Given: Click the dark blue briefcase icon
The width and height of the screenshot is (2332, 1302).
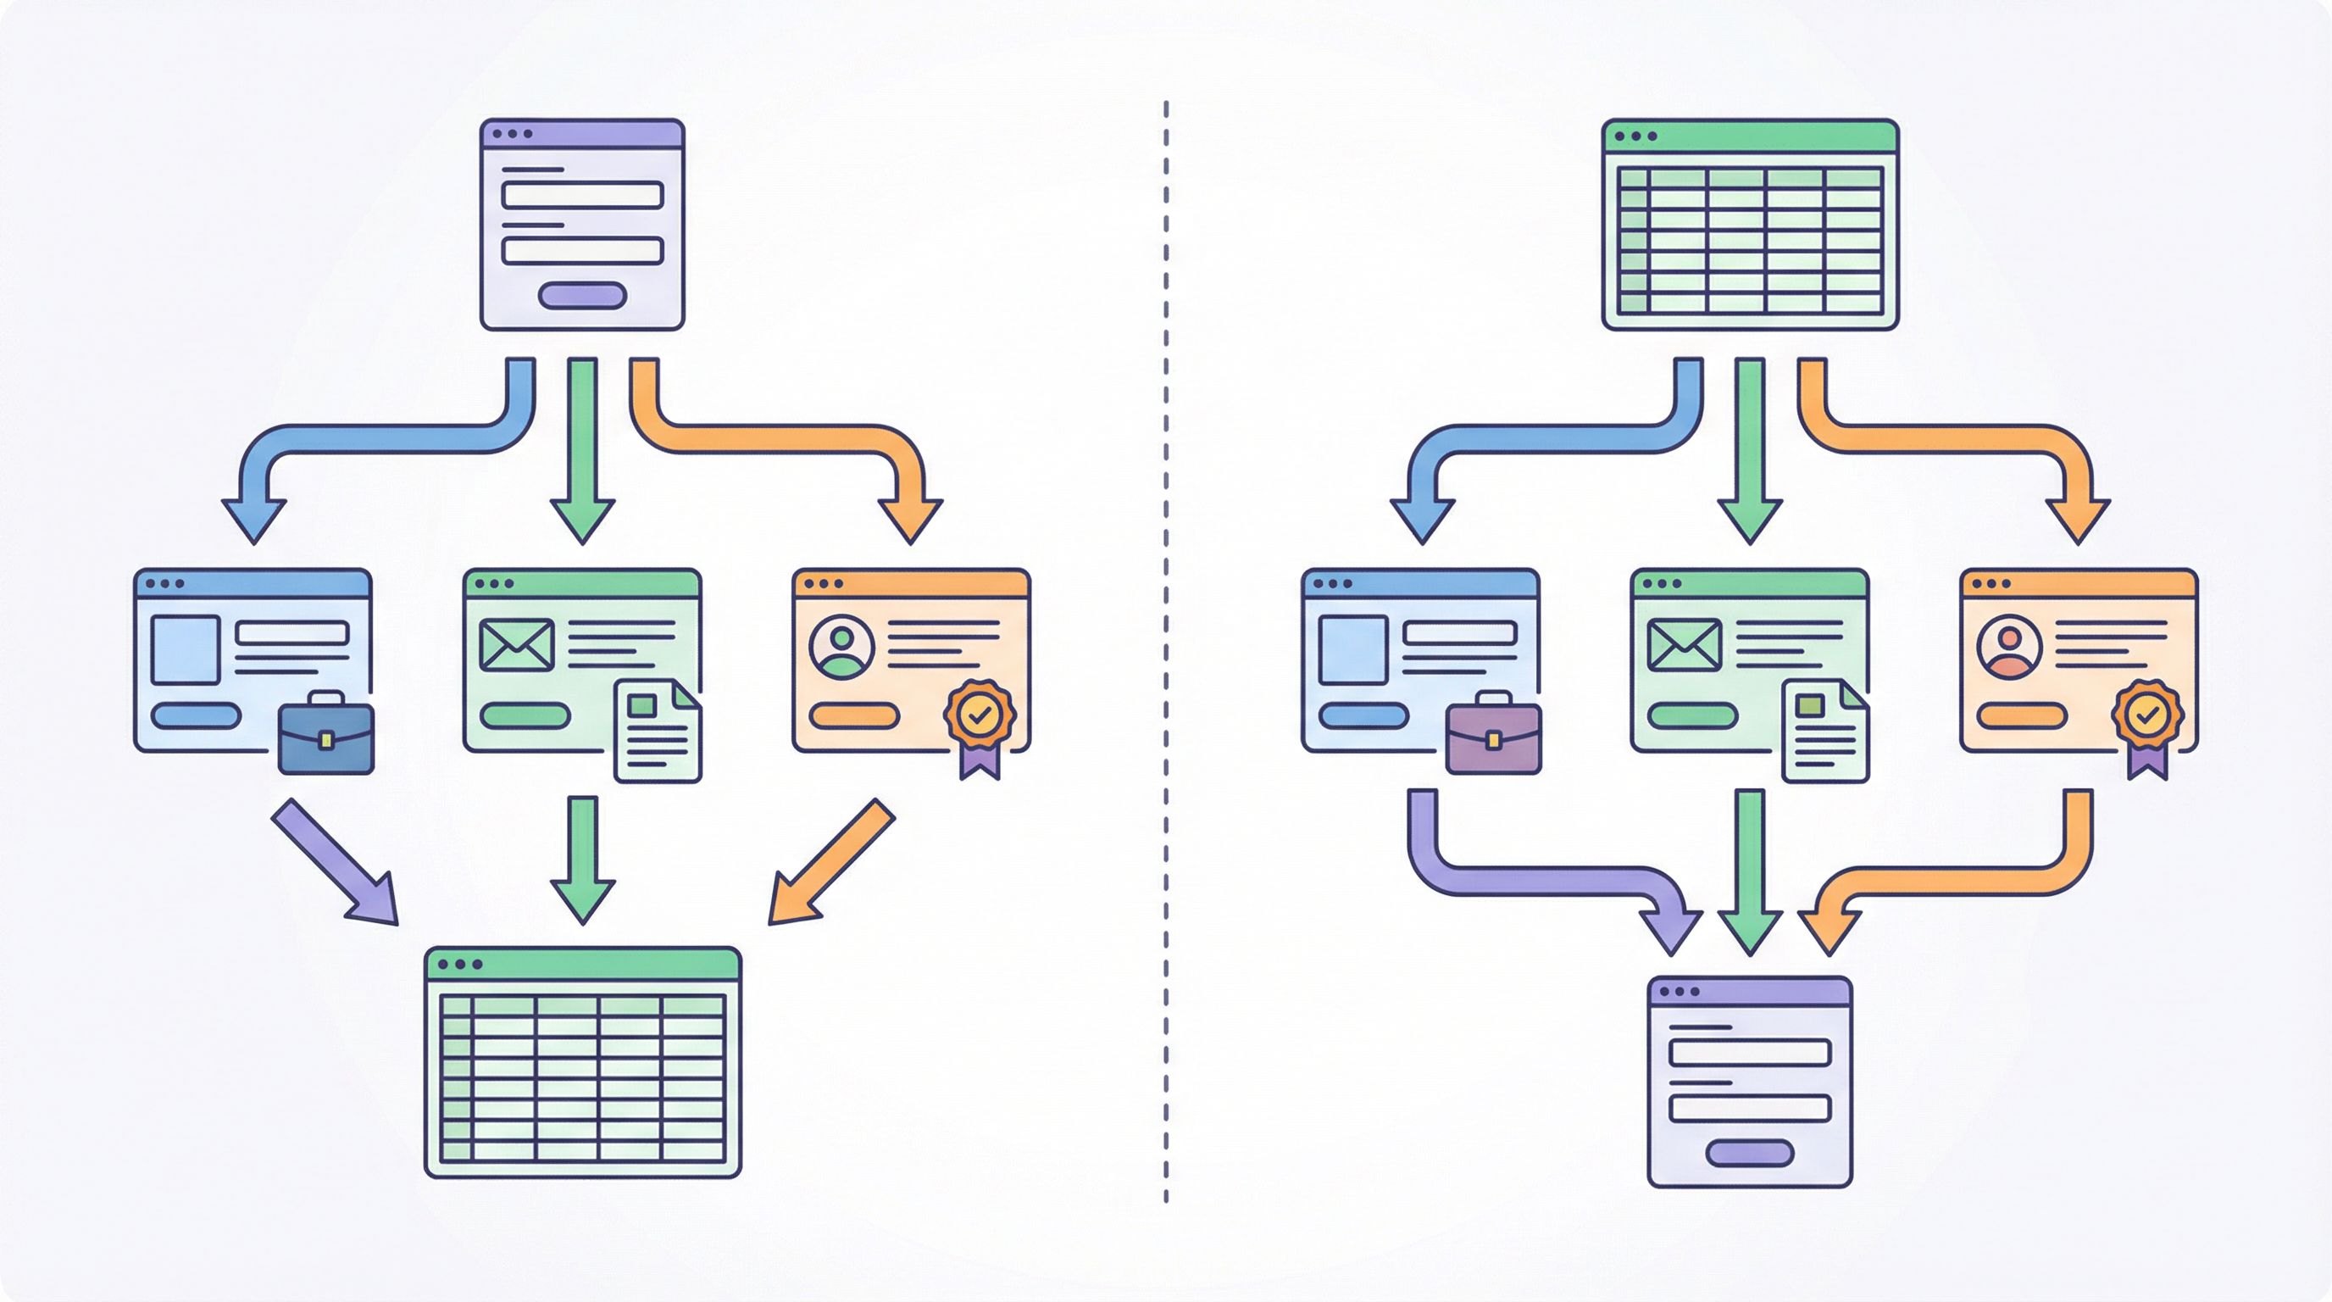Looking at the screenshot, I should [326, 734].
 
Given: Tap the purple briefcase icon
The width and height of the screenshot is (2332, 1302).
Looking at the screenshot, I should [1494, 734].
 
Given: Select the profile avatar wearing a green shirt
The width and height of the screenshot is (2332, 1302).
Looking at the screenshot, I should [842, 648].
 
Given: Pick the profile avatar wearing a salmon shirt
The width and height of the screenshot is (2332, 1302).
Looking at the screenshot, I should [2010, 648].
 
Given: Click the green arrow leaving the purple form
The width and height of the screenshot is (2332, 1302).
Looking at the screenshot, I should [582, 448].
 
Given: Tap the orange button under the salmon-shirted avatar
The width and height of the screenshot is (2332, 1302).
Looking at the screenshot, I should [2022, 715].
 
